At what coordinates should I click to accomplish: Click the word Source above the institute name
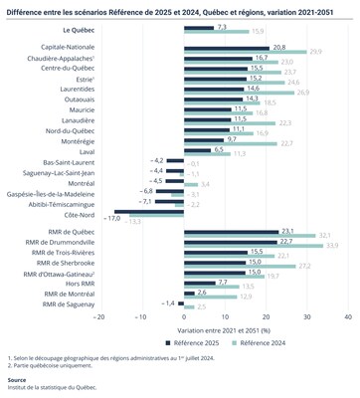17,379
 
